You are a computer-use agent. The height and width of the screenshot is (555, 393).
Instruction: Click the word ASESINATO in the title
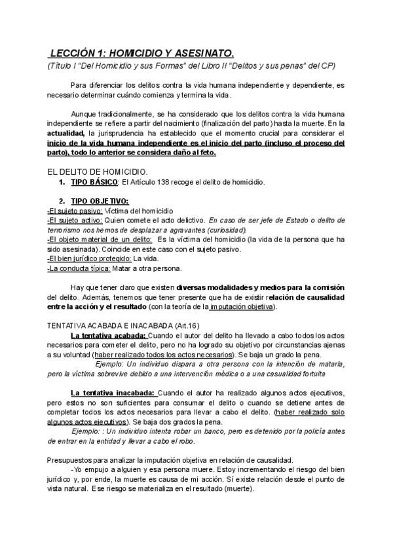point(200,52)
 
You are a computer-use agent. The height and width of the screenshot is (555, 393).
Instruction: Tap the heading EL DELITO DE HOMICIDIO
point(98,171)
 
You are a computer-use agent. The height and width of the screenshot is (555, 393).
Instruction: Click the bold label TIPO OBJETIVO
point(100,200)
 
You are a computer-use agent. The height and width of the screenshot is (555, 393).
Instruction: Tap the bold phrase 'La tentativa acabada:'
point(108,335)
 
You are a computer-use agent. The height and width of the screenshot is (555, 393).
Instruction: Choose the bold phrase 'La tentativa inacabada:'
point(112,393)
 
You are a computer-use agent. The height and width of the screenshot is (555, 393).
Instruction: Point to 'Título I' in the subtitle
point(65,65)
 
